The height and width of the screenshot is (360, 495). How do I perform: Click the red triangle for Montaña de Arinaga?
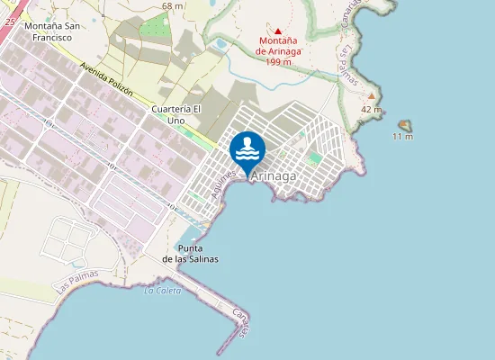point(278,31)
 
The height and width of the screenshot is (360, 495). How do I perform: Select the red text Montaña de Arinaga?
point(278,46)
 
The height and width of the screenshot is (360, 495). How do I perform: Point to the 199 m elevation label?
point(278,61)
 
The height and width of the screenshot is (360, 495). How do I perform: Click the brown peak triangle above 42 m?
point(371,94)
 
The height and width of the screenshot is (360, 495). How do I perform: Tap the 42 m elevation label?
point(372,110)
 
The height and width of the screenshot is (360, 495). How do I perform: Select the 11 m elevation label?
point(403,137)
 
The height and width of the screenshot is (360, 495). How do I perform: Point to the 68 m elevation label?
point(172,6)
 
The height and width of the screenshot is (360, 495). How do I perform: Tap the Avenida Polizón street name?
point(106,81)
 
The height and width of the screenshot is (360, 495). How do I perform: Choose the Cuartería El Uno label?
point(175,114)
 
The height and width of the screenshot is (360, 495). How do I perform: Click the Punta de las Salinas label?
point(190,253)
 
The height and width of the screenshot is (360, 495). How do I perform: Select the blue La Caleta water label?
point(162,291)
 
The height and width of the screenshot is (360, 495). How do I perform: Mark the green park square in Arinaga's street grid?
point(314,159)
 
